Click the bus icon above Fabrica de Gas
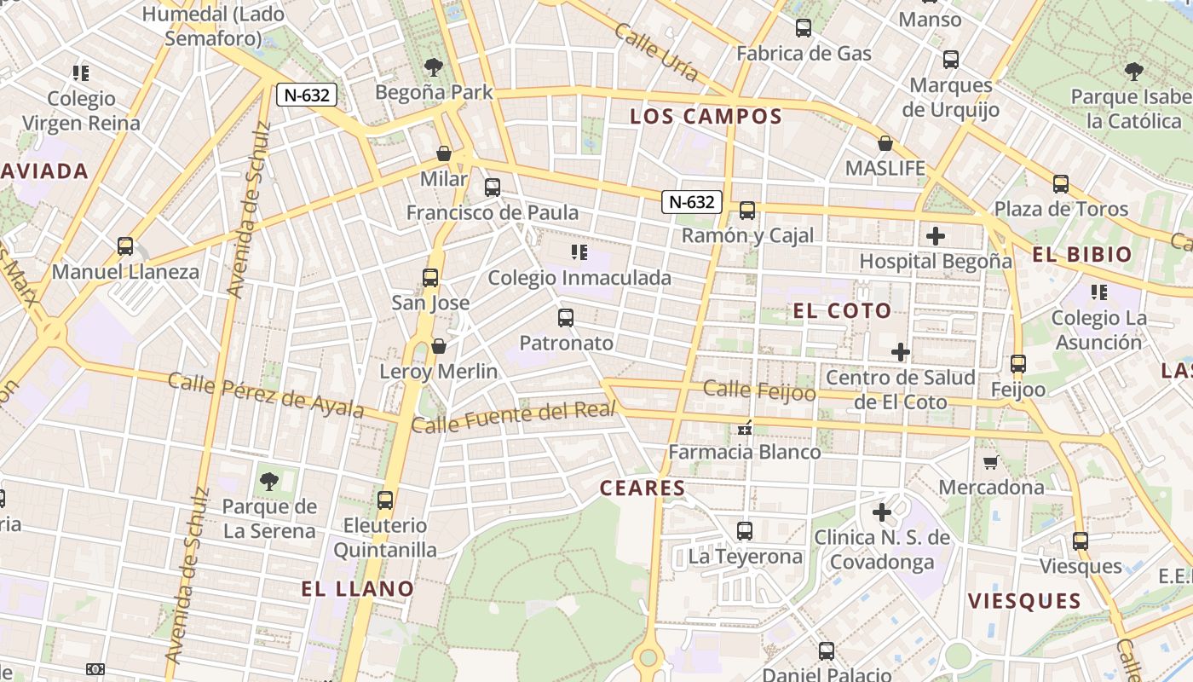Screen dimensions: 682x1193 (803, 28)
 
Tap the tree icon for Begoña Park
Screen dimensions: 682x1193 (434, 67)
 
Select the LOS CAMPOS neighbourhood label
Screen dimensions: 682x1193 (706, 117)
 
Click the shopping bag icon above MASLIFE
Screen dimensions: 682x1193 (885, 143)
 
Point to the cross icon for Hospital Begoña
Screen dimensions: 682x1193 (936, 235)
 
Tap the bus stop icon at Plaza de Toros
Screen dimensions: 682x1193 (1060, 183)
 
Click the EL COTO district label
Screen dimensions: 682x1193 (842, 311)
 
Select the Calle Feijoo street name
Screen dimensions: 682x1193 (759, 390)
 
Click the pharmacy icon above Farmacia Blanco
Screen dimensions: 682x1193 (745, 428)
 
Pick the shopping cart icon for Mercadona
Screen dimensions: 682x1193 (990, 462)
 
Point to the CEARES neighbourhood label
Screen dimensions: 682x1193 (643, 488)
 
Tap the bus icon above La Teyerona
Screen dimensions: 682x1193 (745, 531)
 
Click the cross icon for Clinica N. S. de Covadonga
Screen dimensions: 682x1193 (881, 512)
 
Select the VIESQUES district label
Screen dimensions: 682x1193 (1024, 601)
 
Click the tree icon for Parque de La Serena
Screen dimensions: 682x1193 (269, 482)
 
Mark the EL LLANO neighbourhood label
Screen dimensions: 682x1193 (358, 589)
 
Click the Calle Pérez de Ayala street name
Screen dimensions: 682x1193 (266, 395)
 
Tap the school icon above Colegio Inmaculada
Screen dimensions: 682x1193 (579, 252)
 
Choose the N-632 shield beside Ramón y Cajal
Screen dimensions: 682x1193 (692, 202)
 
